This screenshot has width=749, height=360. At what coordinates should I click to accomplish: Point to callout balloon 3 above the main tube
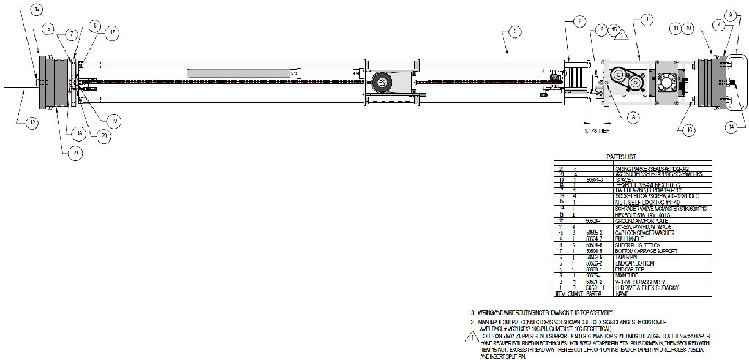[x=514, y=31]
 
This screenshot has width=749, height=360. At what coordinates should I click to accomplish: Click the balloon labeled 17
[x=112, y=32]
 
